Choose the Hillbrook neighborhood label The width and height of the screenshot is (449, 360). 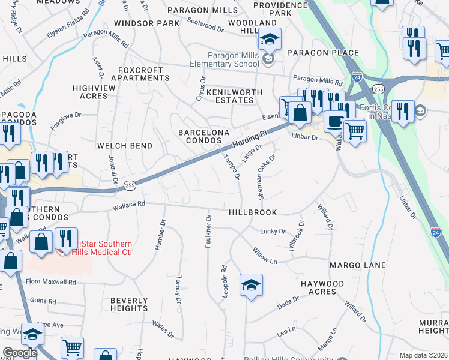tap(253, 212)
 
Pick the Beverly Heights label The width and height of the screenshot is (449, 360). tap(129, 304)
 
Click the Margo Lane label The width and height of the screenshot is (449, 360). tap(352, 265)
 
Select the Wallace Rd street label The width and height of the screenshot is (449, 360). tap(129, 204)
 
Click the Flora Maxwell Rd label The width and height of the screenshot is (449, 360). tap(50, 281)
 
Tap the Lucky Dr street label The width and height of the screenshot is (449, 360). tap(271, 231)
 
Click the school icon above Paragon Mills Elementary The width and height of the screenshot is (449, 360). tap(270, 40)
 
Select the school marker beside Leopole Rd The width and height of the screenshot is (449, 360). tap(251, 284)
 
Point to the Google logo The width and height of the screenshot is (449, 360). tap(20, 353)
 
